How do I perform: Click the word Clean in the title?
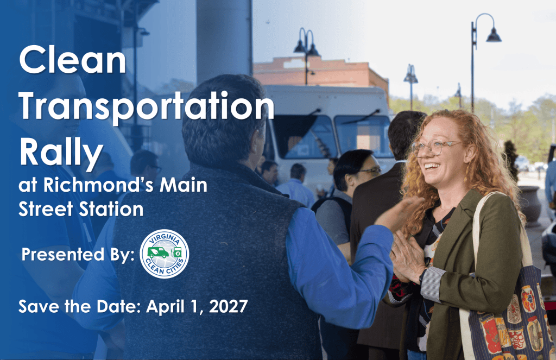pyautogui.click(x=73, y=60)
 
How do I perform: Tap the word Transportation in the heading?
pyautogui.click(x=147, y=105)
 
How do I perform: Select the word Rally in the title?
pyautogui.click(x=61, y=153)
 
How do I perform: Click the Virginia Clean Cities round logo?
pyautogui.click(x=165, y=254)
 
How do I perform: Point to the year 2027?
pyautogui.click(x=229, y=306)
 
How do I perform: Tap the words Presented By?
pyautogui.click(x=78, y=255)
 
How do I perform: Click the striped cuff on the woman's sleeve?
pyautogui.click(x=433, y=284)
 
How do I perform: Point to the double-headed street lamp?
pyautogui.click(x=307, y=53)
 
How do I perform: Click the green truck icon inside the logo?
pyautogui.click(x=158, y=252)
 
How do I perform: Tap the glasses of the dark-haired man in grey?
pyautogui.click(x=369, y=171)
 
